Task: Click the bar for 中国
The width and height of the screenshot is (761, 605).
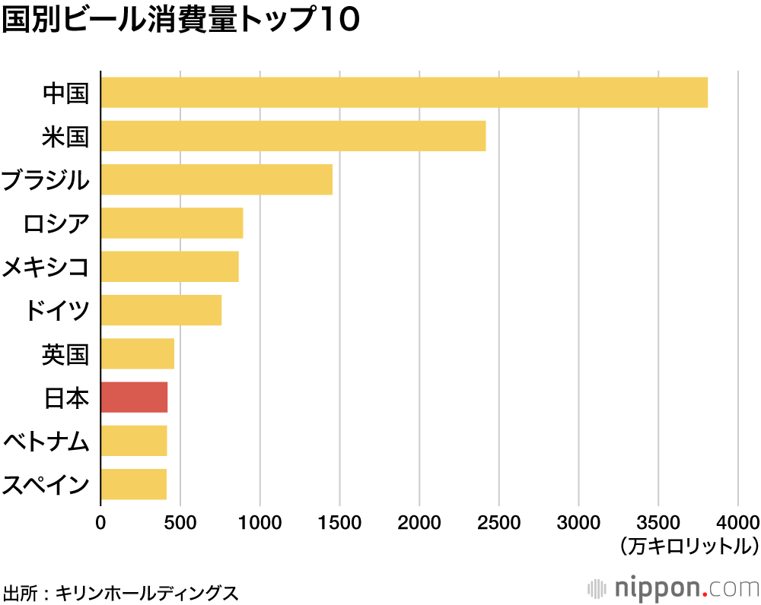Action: (x=404, y=93)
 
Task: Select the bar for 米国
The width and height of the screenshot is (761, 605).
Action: (x=293, y=136)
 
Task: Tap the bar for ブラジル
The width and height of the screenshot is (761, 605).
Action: (x=217, y=179)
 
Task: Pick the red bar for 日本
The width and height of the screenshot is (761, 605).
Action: (x=134, y=398)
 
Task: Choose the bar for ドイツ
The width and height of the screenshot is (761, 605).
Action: (x=161, y=310)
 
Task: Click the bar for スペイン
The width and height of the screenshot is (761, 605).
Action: (x=133, y=484)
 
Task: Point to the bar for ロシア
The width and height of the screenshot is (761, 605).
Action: (x=172, y=223)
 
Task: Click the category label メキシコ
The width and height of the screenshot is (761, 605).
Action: (x=46, y=267)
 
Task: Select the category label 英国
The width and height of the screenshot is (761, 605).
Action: (x=66, y=354)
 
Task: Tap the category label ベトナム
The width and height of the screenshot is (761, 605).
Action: (x=46, y=442)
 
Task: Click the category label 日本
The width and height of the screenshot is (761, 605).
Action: (x=66, y=398)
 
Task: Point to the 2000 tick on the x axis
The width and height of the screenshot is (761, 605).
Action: (x=419, y=522)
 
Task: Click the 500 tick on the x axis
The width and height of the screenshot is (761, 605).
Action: (x=180, y=522)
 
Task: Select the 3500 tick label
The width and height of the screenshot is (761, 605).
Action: (x=658, y=522)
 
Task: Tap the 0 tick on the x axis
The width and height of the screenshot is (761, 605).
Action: (x=100, y=522)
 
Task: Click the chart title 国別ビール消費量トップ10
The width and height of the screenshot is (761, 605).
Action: (x=180, y=21)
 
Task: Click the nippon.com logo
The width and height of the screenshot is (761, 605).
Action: (x=674, y=588)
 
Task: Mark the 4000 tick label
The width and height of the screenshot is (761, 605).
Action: (x=737, y=522)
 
